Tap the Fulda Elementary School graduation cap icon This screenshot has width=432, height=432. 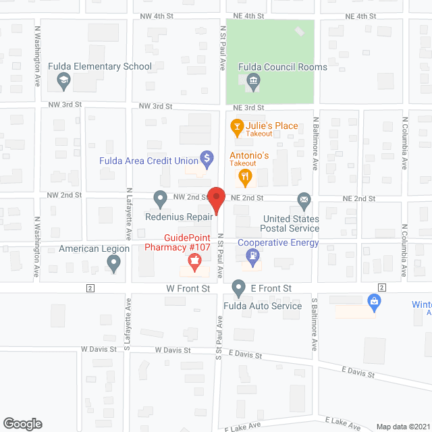pos(63,82)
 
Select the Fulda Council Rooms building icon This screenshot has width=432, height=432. pos(253,82)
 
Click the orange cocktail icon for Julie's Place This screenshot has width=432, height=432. pos(236,126)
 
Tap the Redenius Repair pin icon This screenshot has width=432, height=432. pos(160,199)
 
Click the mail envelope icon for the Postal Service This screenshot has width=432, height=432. pos(304,199)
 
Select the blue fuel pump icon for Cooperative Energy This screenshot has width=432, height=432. pos(252,256)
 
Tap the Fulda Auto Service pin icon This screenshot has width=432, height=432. pos(238,288)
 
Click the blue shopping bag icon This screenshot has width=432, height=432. pos(373,300)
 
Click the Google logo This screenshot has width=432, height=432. pos(22,424)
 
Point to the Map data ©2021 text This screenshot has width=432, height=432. pos(402,427)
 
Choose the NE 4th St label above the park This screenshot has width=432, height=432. pos(248,16)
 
